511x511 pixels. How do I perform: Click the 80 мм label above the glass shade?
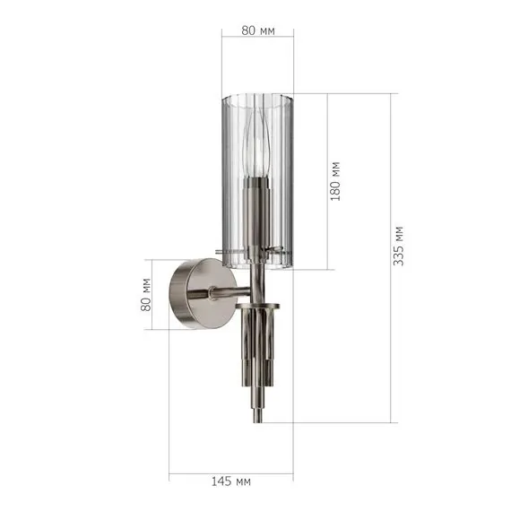click(x=258, y=30)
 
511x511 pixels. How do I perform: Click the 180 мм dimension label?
click(x=335, y=179)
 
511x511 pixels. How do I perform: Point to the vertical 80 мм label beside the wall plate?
click(x=147, y=294)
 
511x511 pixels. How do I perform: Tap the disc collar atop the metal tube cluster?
click(x=258, y=307)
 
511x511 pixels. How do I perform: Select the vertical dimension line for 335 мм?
click(x=391, y=255)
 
